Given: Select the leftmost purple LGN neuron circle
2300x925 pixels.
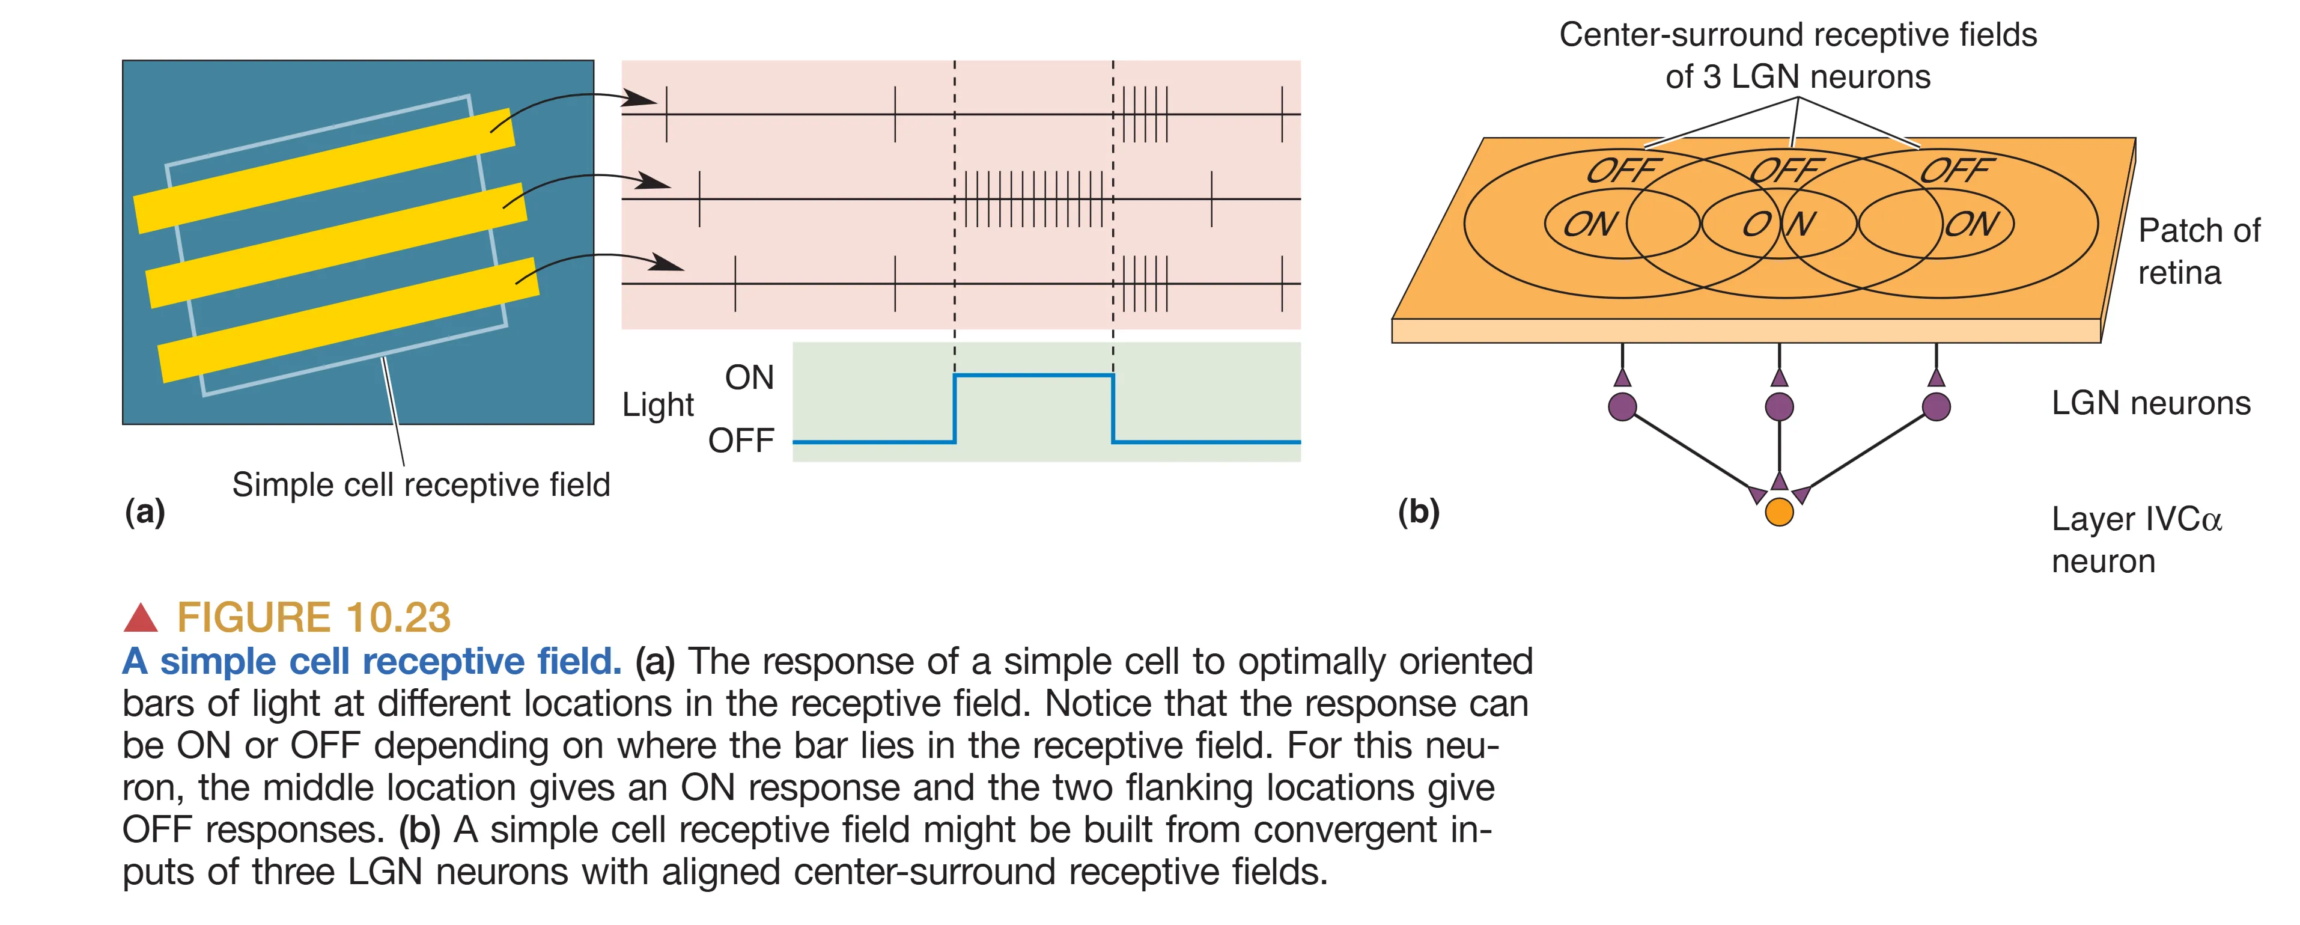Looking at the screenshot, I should point(1622,406).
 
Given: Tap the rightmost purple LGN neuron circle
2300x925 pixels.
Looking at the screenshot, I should point(1936,406).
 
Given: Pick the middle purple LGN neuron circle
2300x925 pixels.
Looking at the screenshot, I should point(1780,406).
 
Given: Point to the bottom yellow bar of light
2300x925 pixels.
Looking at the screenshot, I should point(348,320).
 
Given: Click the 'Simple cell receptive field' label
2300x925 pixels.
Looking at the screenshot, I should point(421,485).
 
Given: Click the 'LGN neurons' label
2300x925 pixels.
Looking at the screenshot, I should point(2150,403).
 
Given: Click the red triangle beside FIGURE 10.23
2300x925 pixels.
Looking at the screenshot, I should point(140,618).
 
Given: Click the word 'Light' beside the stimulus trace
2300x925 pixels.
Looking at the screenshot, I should point(658,404).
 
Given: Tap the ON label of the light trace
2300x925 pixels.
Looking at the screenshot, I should point(749,377).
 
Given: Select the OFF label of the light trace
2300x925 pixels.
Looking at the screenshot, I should point(740,440).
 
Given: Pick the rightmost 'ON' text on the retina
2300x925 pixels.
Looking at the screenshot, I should point(1971,223).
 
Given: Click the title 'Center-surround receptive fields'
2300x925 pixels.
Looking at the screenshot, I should point(1797,35).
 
